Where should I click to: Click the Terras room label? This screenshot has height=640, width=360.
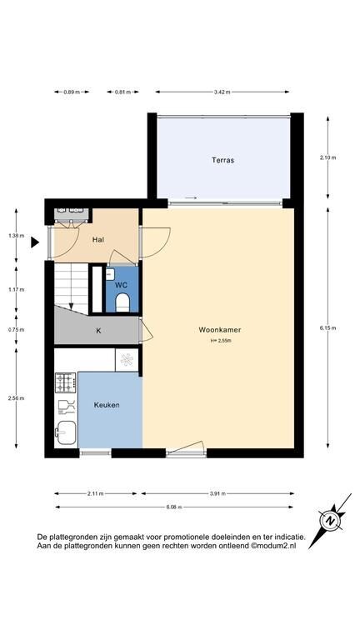pyautogui.click(x=222, y=160)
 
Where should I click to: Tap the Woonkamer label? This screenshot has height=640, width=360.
pyautogui.click(x=220, y=329)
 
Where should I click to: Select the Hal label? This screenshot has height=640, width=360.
pyautogui.click(x=98, y=240)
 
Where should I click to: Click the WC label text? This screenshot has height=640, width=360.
pyautogui.click(x=121, y=285)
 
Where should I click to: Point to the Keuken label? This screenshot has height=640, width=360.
pyautogui.click(x=107, y=405)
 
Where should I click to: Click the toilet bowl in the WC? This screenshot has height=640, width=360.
pyautogui.click(x=122, y=302)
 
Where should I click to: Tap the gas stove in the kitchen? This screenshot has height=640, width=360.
pyautogui.click(x=65, y=382)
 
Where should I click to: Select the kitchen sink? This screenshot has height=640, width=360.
pyautogui.click(x=66, y=432)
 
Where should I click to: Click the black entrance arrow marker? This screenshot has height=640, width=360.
pyautogui.click(x=35, y=242)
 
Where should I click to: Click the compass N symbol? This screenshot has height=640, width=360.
pyautogui.click(x=330, y=521)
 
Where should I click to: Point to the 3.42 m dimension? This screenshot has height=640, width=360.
pyautogui.click(x=222, y=92)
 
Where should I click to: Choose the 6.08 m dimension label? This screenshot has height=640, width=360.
pyautogui.click(x=174, y=507)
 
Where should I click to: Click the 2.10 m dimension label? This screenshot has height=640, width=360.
pyautogui.click(x=328, y=158)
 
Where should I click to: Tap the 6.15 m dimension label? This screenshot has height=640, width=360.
pyautogui.click(x=328, y=328)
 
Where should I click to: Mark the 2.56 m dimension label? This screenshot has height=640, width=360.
pyautogui.click(x=17, y=398)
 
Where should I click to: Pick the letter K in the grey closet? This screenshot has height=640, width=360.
pyautogui.click(x=98, y=331)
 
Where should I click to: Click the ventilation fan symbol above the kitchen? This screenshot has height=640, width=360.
pyautogui.click(x=127, y=360)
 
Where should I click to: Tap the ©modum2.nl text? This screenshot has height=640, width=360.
pyautogui.click(x=273, y=545)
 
